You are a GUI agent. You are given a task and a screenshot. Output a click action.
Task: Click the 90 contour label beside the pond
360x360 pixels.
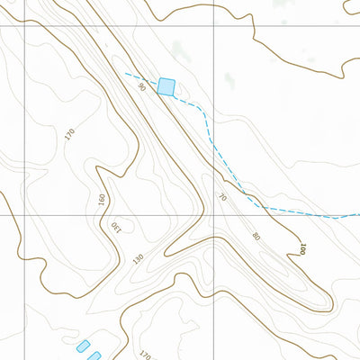142,86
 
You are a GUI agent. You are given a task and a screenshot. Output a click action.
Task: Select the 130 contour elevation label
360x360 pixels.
115,228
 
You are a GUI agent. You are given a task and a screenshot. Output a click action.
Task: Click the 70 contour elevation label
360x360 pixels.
222,196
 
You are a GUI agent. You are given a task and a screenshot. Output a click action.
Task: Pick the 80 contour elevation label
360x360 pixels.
256,236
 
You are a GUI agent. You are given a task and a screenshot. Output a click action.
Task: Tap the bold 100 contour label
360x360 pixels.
303,248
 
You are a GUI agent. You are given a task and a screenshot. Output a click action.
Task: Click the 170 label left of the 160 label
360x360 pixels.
70,136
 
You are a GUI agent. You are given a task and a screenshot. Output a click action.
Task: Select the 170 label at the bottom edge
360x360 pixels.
144,354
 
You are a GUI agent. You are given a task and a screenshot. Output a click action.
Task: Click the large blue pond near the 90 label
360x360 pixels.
166,86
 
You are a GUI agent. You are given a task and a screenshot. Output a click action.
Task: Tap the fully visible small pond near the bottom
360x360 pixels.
83,346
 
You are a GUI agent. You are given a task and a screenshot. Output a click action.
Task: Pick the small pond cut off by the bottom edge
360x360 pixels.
94,356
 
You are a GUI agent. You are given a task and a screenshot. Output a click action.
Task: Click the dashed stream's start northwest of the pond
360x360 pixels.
125,73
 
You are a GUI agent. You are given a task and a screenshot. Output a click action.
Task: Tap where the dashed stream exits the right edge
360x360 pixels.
359,215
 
